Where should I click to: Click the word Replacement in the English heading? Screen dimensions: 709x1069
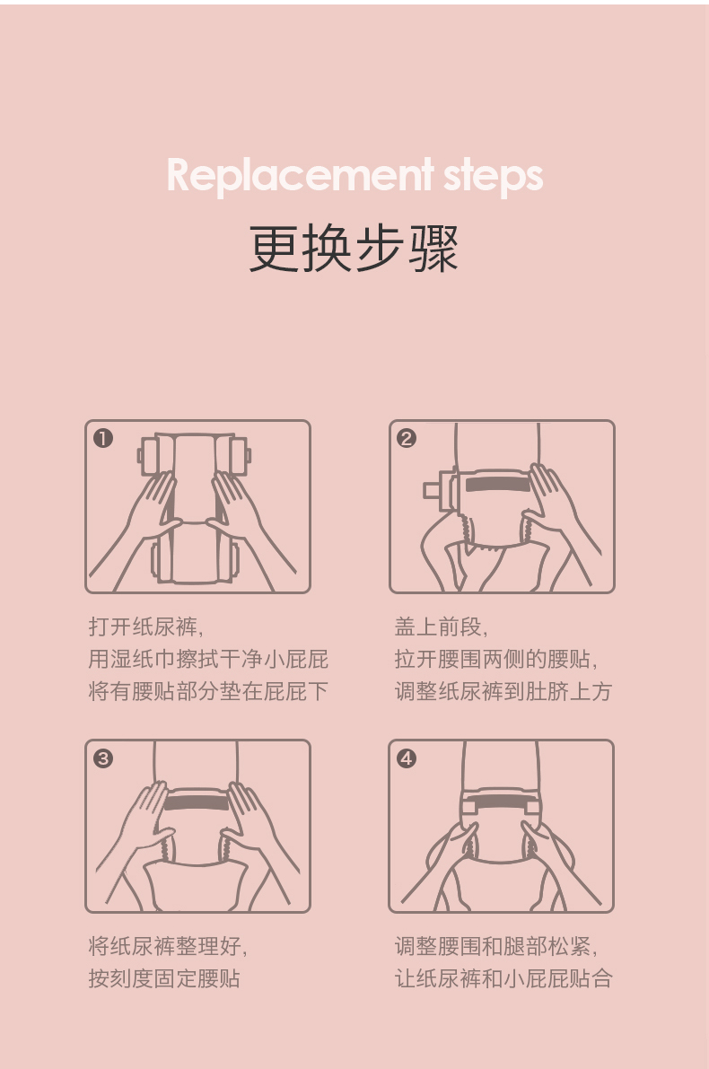(301, 176)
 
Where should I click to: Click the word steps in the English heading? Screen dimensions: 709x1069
(493, 177)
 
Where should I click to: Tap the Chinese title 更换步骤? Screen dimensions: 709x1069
(353, 248)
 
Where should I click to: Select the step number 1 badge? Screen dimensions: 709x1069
(103, 438)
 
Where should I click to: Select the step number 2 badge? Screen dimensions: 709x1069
(407, 438)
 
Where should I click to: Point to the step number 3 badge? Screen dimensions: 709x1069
(103, 758)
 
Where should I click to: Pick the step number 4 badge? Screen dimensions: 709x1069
(407, 758)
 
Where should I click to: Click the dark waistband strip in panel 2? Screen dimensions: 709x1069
(498, 485)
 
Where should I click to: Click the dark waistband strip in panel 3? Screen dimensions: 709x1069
(197, 802)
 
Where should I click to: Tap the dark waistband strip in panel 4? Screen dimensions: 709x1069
(500, 802)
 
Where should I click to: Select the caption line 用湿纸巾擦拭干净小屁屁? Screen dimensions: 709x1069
(208, 659)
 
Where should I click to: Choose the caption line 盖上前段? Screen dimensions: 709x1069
(441, 627)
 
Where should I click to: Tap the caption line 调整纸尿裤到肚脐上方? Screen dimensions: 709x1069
(503, 691)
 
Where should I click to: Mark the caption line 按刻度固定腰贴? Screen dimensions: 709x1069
(164, 979)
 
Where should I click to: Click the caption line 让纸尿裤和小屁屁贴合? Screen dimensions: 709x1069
(503, 979)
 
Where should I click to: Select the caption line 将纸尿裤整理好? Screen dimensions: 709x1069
(168, 946)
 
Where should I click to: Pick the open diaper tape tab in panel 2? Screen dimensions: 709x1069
(432, 489)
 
